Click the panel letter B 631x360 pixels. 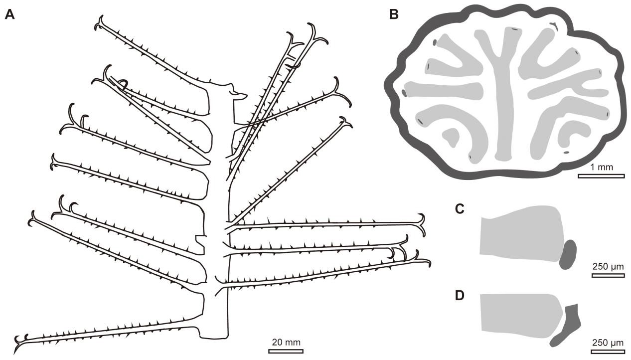[394, 15]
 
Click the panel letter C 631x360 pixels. [461, 208]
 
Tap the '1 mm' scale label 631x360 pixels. [601, 167]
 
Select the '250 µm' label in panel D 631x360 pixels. [608, 343]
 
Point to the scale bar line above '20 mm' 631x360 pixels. [286, 351]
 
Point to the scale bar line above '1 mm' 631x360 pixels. [601, 176]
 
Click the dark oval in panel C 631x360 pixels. [568, 254]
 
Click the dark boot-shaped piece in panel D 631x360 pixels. [568, 327]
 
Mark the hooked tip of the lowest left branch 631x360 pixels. [20, 339]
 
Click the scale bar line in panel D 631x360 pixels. [608, 352]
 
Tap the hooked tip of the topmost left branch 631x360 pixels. [100, 22]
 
